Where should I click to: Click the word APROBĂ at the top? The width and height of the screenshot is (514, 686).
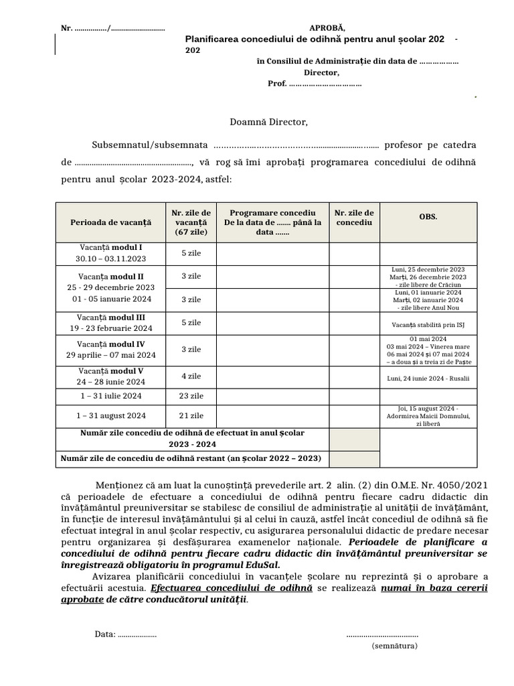pyautogui.click(x=327, y=28)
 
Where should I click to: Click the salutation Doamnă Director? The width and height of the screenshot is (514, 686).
pyautogui.click(x=269, y=122)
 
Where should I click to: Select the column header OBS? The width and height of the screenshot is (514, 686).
pyautogui.click(x=428, y=217)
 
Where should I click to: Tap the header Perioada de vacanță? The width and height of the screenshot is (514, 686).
pyautogui.click(x=111, y=222)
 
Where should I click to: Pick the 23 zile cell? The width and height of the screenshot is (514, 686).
pyautogui.click(x=191, y=396)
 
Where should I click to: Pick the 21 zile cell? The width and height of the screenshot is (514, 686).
pyautogui.click(x=191, y=416)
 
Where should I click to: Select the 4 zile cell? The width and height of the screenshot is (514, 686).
pyautogui.click(x=191, y=376)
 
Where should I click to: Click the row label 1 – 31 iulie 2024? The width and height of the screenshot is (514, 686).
pyautogui.click(x=111, y=396)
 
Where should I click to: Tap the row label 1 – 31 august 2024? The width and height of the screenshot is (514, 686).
pyautogui.click(x=111, y=416)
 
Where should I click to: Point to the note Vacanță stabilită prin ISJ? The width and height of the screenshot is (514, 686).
pyautogui.click(x=428, y=326)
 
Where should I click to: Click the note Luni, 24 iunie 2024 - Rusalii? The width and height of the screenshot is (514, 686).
pyautogui.click(x=428, y=379)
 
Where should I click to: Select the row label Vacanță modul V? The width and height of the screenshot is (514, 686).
pyautogui.click(x=111, y=371)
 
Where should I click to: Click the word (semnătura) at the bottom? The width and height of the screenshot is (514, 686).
pyautogui.click(x=395, y=646)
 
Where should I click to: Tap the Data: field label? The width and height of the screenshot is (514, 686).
pyautogui.click(x=105, y=634)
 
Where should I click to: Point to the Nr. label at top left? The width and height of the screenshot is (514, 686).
pyautogui.click(x=66, y=28)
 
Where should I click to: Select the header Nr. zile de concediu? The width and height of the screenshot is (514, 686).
pyautogui.click(x=354, y=217)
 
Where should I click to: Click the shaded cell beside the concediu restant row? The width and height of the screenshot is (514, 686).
pyautogui.click(x=354, y=459)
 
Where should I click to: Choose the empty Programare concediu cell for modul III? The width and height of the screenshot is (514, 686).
pyautogui.click(x=272, y=323)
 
